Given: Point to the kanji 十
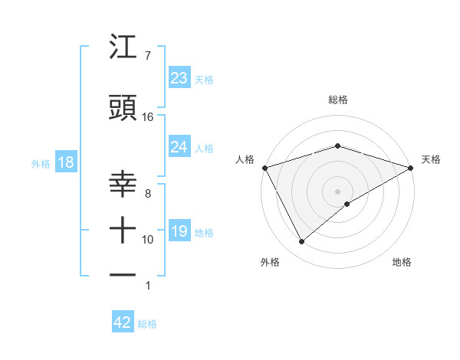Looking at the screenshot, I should click(123, 230).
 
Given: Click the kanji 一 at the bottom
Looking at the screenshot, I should click(123, 274).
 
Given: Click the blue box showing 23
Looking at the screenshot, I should click(179, 78).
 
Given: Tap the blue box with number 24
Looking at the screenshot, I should click(179, 147).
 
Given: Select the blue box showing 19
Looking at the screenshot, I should click(179, 231).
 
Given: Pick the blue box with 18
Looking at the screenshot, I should click(65, 162).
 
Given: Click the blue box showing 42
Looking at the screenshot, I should click(123, 322).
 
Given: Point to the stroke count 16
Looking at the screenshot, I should click(148, 117).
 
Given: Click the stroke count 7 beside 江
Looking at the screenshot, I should click(147, 56).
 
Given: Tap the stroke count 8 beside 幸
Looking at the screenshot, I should click(147, 194).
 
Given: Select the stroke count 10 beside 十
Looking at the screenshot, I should click(148, 240).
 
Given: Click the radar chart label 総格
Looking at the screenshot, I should click(338, 100).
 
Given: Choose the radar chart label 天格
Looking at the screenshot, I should click(431, 159).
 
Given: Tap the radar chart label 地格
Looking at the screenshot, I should click(402, 262).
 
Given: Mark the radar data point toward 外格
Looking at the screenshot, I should click(301, 242).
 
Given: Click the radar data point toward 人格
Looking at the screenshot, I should click(264, 168).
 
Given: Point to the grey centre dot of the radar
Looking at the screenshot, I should click(338, 191).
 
